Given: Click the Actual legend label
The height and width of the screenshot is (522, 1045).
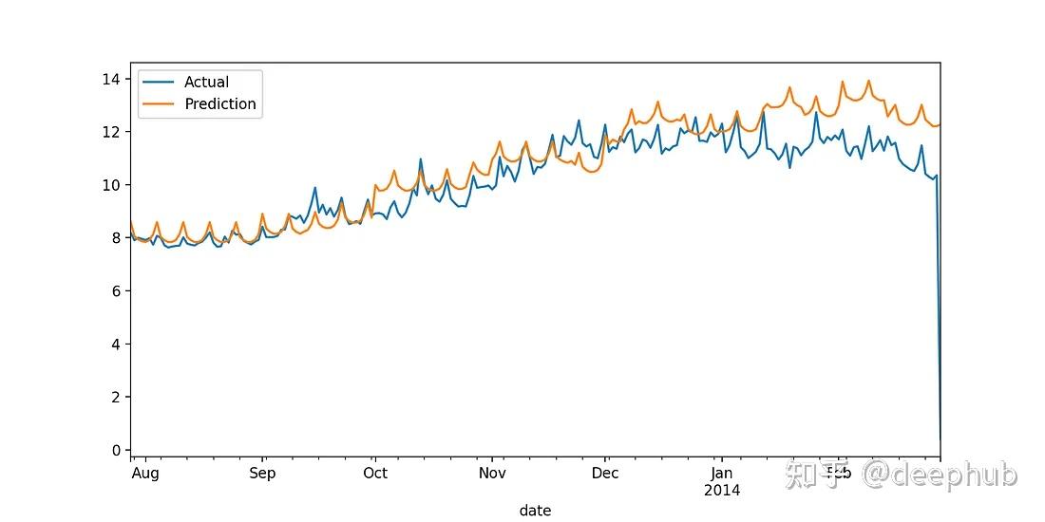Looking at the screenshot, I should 206,83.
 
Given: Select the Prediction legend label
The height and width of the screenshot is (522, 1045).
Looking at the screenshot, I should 220,104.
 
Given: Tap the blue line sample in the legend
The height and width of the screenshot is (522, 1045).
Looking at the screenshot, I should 158,83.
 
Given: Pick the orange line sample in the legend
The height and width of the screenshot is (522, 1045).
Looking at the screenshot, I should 158,104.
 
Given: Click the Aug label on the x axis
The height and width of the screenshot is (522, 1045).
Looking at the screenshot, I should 145,474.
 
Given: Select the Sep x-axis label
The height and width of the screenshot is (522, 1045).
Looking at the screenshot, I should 262,474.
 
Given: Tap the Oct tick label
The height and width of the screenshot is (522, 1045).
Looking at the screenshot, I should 375,474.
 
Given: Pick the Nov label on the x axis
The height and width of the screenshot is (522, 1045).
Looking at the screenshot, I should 492,474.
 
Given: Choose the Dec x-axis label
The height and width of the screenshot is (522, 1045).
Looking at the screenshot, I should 605,474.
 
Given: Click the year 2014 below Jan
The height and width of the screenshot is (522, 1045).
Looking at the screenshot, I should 722,491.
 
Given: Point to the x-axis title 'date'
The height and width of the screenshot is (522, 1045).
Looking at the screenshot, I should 535,511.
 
